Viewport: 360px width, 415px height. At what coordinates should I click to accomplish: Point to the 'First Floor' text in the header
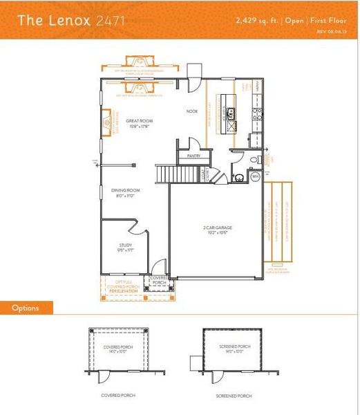coord(329,20)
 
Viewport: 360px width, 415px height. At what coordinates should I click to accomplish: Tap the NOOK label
coord(192,111)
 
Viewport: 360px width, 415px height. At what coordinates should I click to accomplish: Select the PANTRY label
coord(194,156)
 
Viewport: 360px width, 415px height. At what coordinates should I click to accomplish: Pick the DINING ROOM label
coord(126,192)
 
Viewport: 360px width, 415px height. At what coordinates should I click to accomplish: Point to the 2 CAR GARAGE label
coord(215,230)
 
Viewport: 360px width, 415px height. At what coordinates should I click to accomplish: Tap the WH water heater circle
coord(254,177)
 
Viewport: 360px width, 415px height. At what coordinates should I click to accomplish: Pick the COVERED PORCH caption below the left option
coord(118,396)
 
